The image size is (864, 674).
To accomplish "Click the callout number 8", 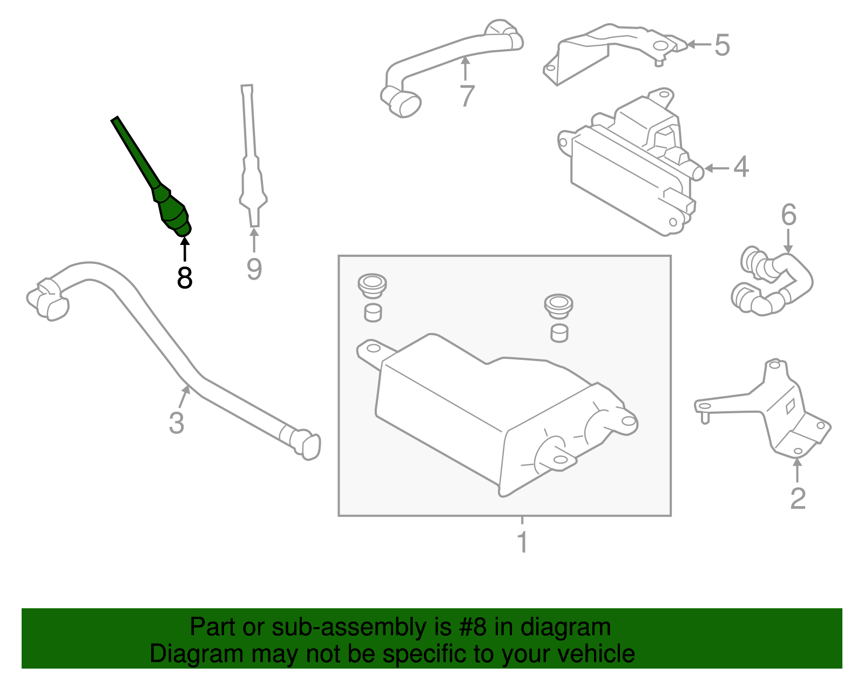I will coord(185,278).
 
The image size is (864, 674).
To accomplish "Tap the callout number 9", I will coord(254,269).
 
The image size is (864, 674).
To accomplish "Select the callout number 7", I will coord(467,96).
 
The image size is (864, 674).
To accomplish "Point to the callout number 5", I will coord(722,45).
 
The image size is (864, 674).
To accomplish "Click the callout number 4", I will coord(741,167).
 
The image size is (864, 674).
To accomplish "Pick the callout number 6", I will coord(788,215).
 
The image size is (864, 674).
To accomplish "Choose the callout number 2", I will coord(798,498).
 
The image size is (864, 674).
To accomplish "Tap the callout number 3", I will coord(177,423).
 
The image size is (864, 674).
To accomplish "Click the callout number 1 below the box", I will coord(522,542).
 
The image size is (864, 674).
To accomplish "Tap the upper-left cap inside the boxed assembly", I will coord(372,285).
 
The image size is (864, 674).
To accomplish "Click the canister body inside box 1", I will coord(486,410).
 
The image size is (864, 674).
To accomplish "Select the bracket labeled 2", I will coord(778,410).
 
